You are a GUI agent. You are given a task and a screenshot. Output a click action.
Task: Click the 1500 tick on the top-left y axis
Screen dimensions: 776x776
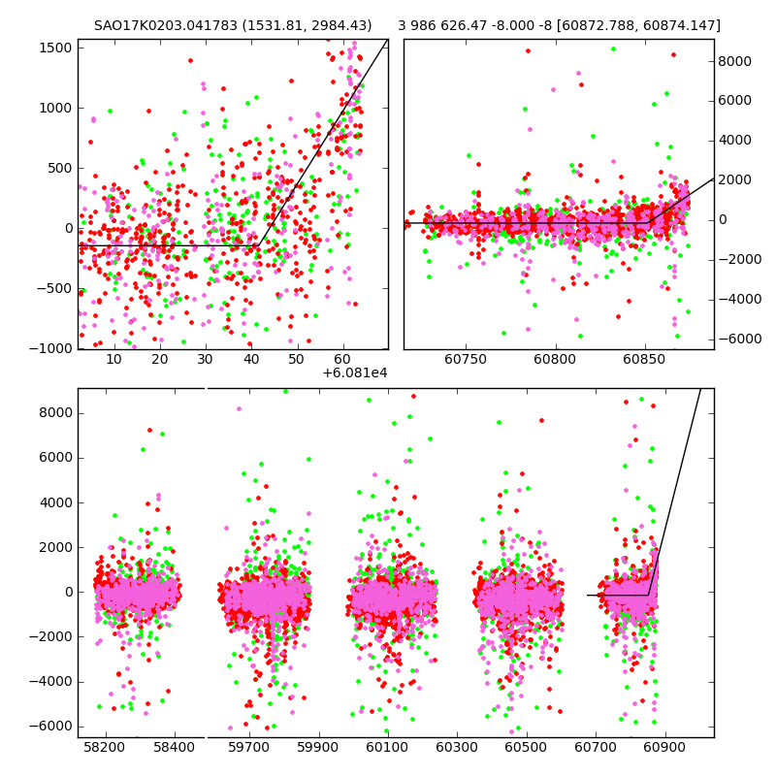pos(54,46)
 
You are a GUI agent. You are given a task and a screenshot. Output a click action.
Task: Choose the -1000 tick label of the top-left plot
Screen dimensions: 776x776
pos(50,349)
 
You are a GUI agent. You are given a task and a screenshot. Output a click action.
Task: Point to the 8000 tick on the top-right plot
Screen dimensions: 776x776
pos(734,60)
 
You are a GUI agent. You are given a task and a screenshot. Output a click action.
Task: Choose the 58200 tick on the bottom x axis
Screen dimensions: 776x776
pos(104,749)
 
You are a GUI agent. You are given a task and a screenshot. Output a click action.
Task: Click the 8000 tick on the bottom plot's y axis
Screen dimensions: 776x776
pos(54,412)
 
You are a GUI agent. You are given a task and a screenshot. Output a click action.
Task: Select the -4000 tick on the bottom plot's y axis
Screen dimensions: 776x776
pos(50,681)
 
